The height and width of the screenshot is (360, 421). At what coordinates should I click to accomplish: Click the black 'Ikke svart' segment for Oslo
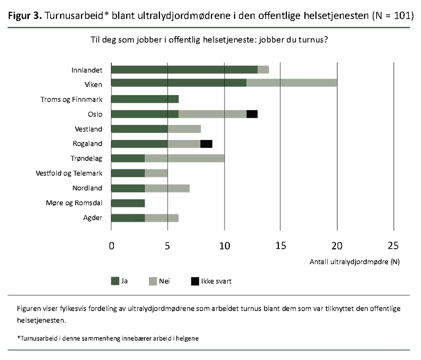pyautogui.click(x=252, y=114)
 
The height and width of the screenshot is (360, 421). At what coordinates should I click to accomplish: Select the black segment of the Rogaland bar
pyautogui.click(x=206, y=144)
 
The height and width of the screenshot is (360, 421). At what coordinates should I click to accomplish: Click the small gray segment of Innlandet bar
pyautogui.click(x=263, y=70)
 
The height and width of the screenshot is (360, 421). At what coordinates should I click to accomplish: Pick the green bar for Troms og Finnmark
pyautogui.click(x=145, y=99)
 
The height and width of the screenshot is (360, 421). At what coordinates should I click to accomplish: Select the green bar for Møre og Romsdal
pyautogui.click(x=128, y=203)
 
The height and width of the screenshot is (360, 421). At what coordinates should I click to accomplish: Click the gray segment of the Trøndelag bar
pyautogui.click(x=185, y=158)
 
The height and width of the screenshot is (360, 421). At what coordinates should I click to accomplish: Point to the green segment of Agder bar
pyautogui.click(x=128, y=218)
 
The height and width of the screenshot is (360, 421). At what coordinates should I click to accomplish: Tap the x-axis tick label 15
pyautogui.click(x=280, y=246)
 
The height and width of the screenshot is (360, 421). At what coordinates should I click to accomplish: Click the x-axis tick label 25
pyautogui.click(x=393, y=246)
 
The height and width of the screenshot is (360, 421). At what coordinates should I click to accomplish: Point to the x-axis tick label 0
pyautogui.click(x=111, y=246)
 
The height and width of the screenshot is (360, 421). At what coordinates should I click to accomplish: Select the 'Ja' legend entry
pyautogui.click(x=119, y=281)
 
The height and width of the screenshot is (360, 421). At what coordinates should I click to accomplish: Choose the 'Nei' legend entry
pyautogui.click(x=159, y=281)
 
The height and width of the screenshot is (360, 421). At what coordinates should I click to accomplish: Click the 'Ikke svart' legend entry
pyautogui.click(x=211, y=281)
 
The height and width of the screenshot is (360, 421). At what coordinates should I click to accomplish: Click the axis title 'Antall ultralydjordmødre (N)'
pyautogui.click(x=354, y=262)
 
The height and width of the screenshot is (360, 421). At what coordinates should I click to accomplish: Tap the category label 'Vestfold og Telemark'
pyautogui.click(x=69, y=173)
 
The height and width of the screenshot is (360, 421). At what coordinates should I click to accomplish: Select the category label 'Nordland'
pyautogui.click(x=87, y=188)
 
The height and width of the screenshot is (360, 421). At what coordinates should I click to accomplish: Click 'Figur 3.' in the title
pyautogui.click(x=25, y=16)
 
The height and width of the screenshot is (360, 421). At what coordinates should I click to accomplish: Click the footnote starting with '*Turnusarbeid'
pyautogui.click(x=108, y=338)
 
